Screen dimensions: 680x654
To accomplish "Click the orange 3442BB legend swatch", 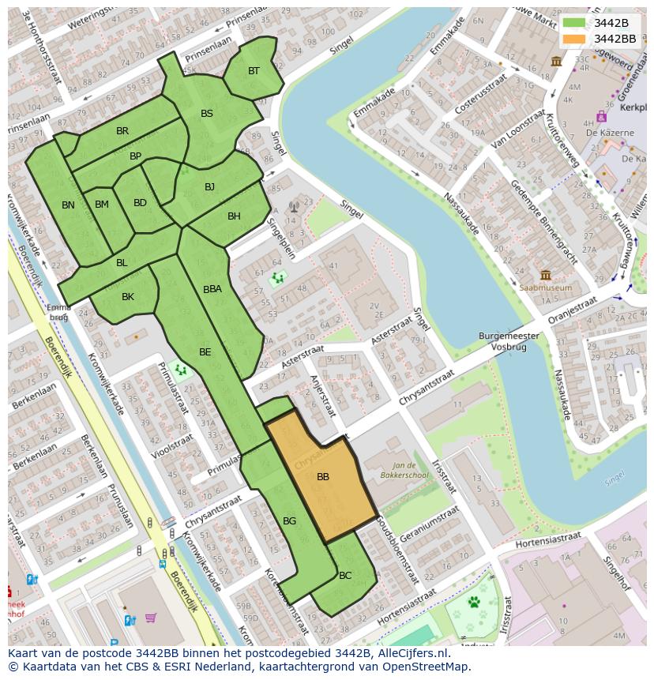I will (574, 39).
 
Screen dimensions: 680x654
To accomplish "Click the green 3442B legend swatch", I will (574, 23).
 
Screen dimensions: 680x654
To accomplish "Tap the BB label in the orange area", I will (323, 477).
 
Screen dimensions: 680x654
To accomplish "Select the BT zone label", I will (254, 71).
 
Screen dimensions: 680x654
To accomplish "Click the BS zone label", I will (207, 114).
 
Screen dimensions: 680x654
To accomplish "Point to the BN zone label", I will (68, 205).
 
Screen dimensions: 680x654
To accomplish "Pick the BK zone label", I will (128, 297).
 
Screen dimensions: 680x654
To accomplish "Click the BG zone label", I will (289, 521).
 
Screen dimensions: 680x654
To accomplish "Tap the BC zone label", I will (345, 576).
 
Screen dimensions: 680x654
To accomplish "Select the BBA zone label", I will (212, 290).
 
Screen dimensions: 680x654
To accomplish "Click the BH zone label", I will (234, 216).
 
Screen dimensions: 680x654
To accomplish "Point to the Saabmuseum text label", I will (546, 288).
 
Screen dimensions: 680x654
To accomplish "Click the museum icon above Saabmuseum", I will (546, 275).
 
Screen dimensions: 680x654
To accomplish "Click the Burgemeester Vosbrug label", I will (509, 341).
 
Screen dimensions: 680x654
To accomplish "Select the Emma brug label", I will (59, 312).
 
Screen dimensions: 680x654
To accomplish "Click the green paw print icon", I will (475, 603).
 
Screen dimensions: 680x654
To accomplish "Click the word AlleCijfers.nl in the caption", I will (410, 654).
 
